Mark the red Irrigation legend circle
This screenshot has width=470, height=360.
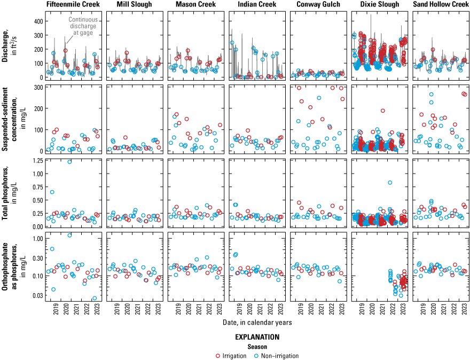click(217, 356)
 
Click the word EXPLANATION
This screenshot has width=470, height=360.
click(257, 338)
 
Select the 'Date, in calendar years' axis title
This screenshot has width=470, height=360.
click(257, 322)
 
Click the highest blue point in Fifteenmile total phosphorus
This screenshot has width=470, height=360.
click(69, 162)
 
